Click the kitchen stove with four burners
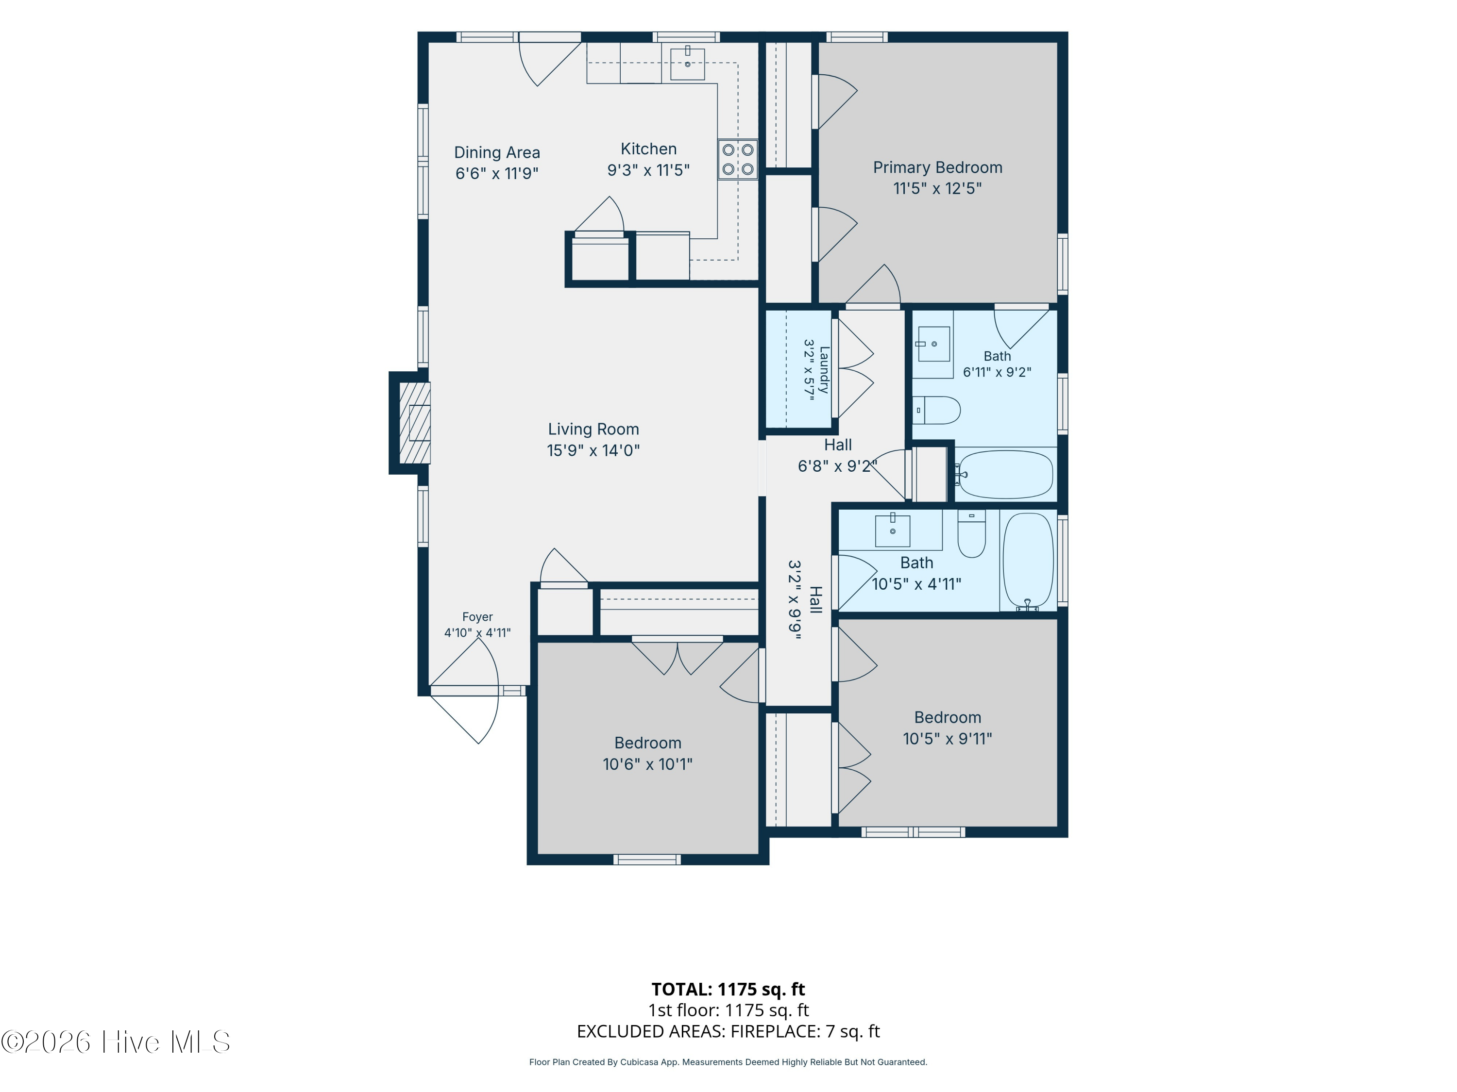point(738,159)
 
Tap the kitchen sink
point(687,64)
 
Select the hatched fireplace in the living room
point(415,423)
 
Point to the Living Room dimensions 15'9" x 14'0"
point(593,450)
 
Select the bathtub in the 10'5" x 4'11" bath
point(1028,562)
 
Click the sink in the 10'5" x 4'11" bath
point(893,530)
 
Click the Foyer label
point(477,617)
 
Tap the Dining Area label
point(497,153)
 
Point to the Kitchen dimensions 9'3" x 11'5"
point(648,170)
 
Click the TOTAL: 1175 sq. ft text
point(728,989)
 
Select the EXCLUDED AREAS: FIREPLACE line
point(728,1031)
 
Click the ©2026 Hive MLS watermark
point(116,1042)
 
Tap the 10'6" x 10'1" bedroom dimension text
point(647,764)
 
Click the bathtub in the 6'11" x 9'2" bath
point(1005,474)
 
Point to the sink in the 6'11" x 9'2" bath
point(933,344)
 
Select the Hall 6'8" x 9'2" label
point(838,456)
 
